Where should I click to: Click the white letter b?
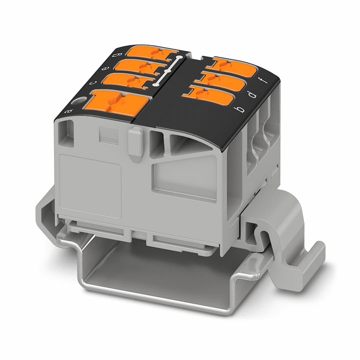click(x=240, y=109)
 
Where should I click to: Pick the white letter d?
click(x=253, y=95)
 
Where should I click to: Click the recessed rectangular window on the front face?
click(x=185, y=180)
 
